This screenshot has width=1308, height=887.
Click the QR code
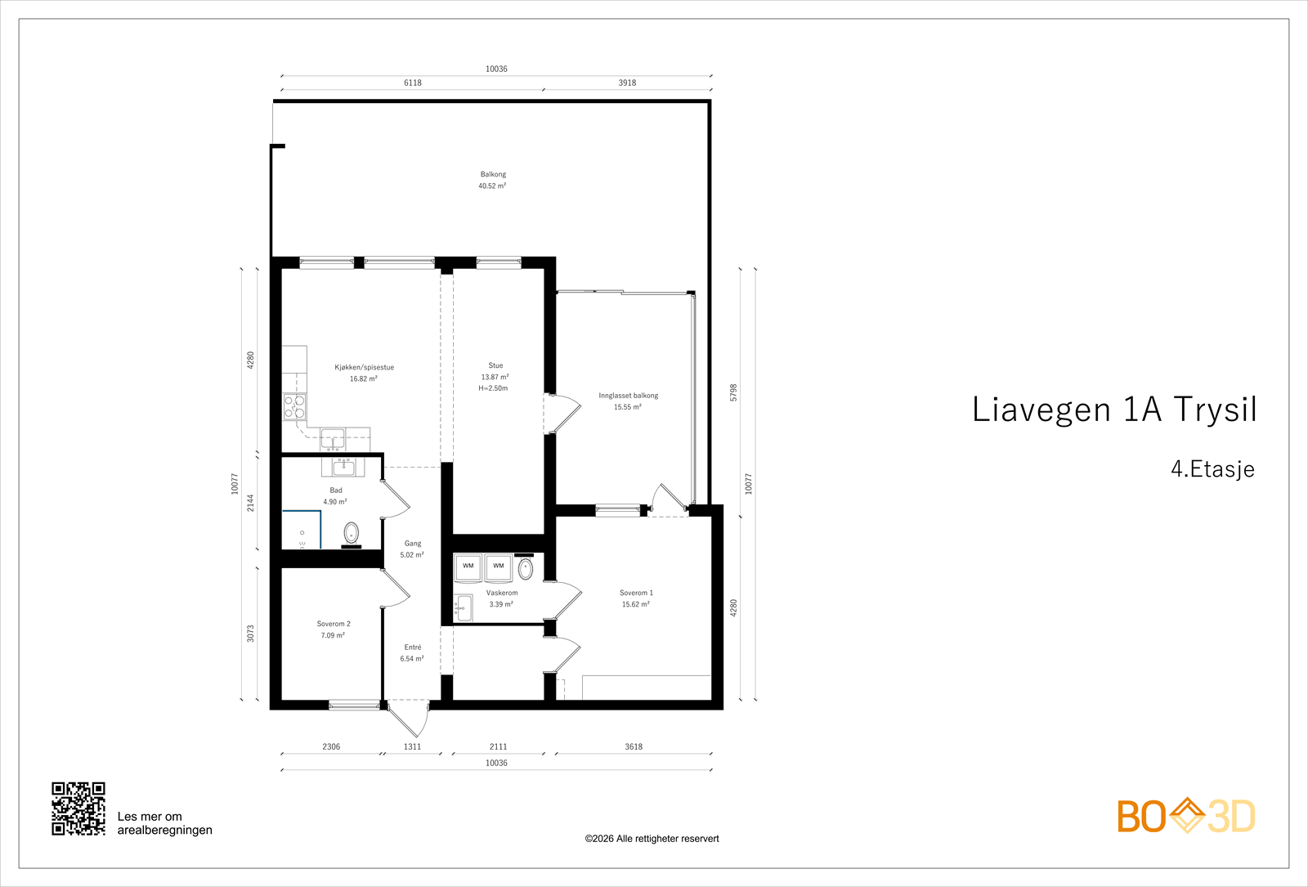(x=78, y=809)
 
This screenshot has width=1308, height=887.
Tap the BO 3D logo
(x=1186, y=815)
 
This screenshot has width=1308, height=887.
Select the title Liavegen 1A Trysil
(x=1114, y=410)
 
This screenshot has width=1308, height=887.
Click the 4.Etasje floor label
(x=1212, y=469)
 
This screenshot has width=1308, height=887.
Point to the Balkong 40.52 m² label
(x=493, y=180)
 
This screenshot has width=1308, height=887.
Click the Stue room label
(x=495, y=365)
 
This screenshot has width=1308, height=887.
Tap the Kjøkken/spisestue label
(x=364, y=367)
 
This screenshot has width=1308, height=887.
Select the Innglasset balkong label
(x=629, y=396)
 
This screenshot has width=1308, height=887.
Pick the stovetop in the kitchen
(x=295, y=406)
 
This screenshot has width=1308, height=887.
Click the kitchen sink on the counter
(x=333, y=439)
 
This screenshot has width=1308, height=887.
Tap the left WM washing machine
(x=468, y=567)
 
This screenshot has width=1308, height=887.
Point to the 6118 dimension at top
(x=412, y=83)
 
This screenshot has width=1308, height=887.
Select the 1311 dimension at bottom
(x=412, y=746)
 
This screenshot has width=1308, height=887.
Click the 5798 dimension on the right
(x=733, y=392)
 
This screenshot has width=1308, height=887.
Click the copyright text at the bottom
(x=652, y=839)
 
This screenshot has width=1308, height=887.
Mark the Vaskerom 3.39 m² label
(x=502, y=598)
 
